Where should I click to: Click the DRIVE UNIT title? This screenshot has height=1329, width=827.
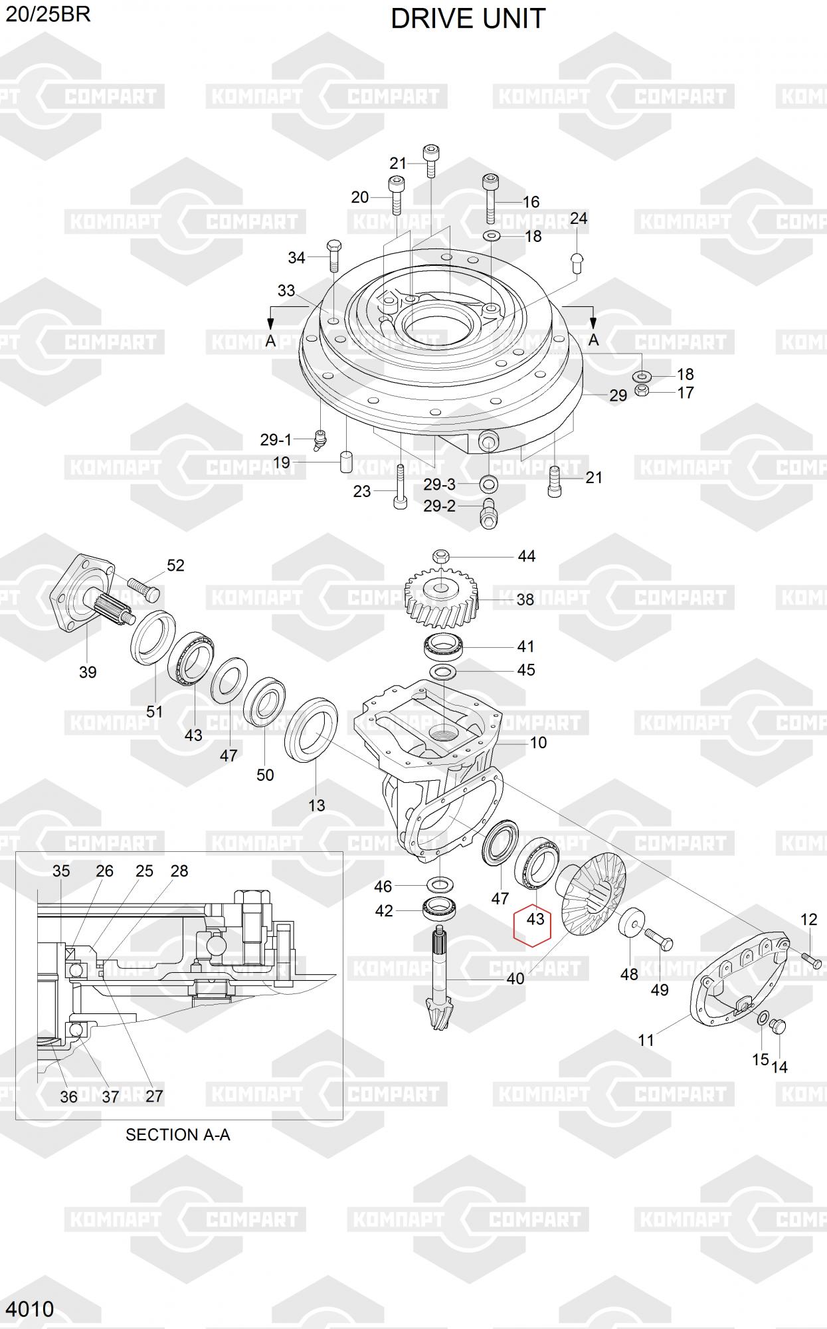[x=468, y=19]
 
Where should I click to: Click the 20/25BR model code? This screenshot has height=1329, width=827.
[x=48, y=14]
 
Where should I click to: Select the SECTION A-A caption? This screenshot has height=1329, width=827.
[x=178, y=1134]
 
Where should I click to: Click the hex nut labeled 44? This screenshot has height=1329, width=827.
[x=441, y=556]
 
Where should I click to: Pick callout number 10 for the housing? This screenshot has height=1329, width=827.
[x=538, y=742]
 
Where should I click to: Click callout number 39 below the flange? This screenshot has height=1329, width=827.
[x=88, y=672]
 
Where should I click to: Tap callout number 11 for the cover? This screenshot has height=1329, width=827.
[x=646, y=1040]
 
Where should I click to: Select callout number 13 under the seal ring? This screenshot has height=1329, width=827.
[x=317, y=805]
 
